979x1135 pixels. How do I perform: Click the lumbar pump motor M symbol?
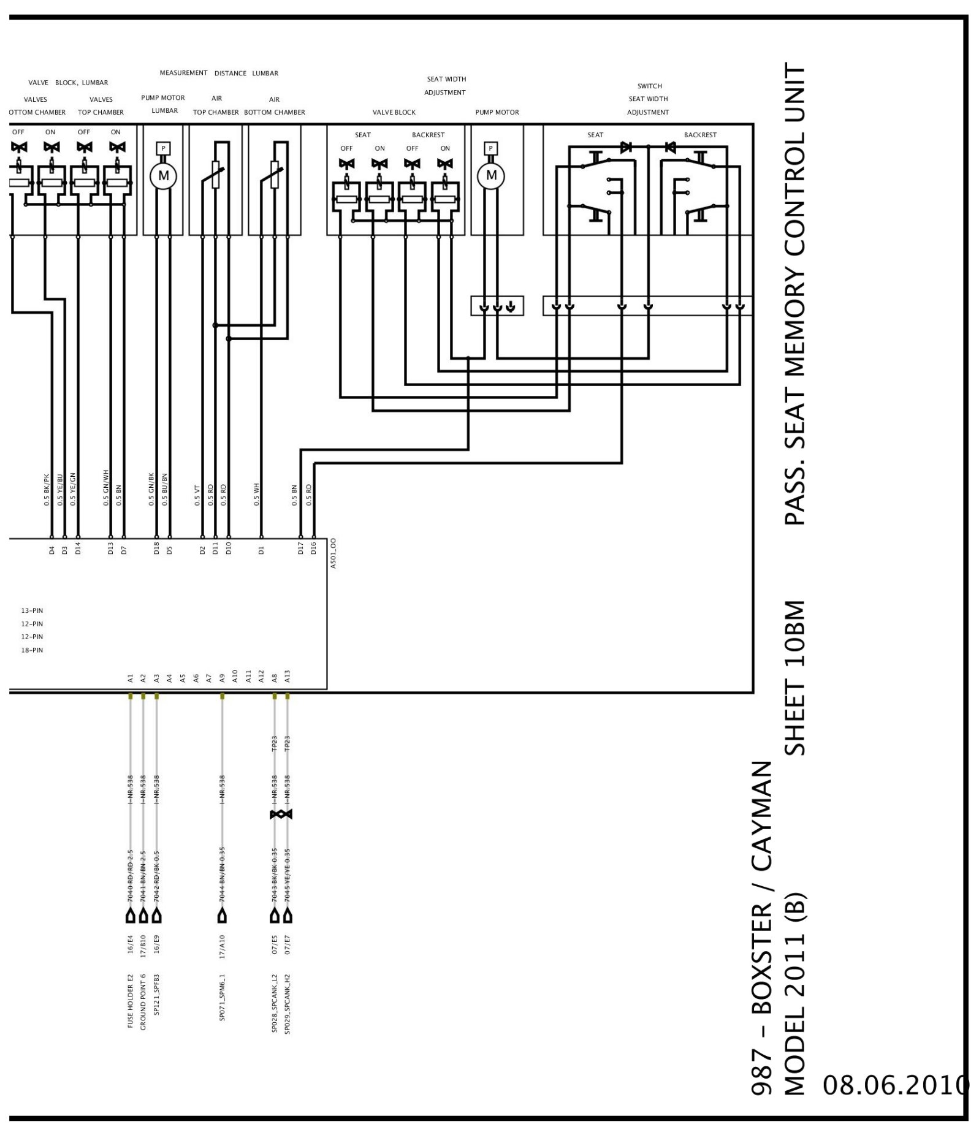click(163, 176)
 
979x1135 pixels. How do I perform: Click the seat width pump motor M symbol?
click(490, 176)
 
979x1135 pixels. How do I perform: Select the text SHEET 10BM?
click(794, 678)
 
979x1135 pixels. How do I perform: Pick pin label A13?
click(288, 677)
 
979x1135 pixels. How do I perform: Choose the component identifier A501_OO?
click(333, 553)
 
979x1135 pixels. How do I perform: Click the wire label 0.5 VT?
click(197, 495)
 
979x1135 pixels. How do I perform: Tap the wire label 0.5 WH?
click(257, 495)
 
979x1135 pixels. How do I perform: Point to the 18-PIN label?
click(32, 650)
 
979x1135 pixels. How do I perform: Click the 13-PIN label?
click(32, 610)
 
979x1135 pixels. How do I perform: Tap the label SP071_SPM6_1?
click(222, 998)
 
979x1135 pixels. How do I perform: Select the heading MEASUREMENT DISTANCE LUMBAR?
click(219, 73)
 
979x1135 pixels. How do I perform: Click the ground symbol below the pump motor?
click(511, 306)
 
